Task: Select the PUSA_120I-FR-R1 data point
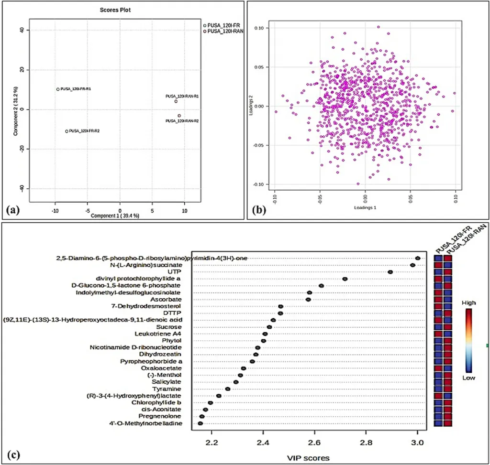pyautogui.click(x=58, y=89)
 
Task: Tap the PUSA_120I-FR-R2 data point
pyautogui.click(x=67, y=131)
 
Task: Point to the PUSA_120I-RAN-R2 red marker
pyautogui.click(x=179, y=116)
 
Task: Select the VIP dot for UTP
pyautogui.click(x=390, y=272)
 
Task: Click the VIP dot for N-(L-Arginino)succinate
pyautogui.click(x=412, y=265)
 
